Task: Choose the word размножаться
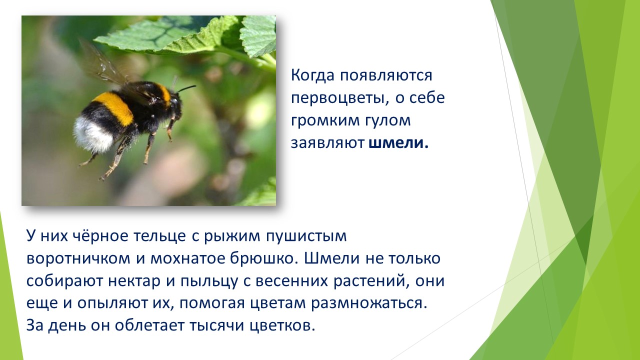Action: [369, 303]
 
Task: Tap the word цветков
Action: [282, 325]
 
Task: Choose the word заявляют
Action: [327, 143]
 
